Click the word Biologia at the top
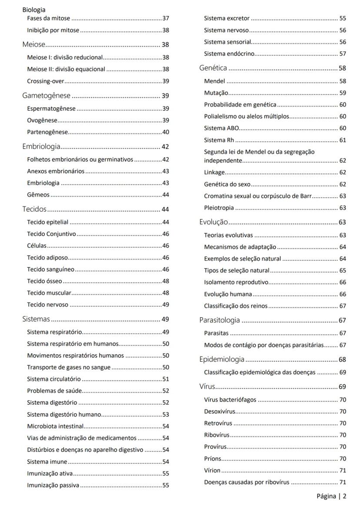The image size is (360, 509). (x=34, y=10)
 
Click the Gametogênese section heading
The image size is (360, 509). (x=47, y=96)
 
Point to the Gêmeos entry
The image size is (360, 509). (x=38, y=195)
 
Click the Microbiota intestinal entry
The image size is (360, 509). (x=55, y=437)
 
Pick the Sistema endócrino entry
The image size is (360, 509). (x=229, y=54)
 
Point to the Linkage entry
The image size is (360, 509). (x=214, y=173)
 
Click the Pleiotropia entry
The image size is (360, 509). (x=219, y=208)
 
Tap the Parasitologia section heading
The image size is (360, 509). (x=220, y=320)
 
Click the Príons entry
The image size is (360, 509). (x=213, y=459)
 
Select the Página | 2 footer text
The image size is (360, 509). (x=331, y=496)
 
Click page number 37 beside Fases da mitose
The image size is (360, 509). (x=166, y=19)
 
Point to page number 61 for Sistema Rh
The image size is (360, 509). (x=343, y=140)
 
